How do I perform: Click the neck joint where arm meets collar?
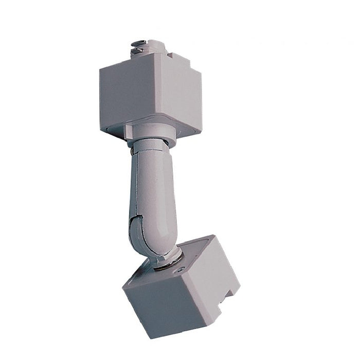[x=150, y=147]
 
